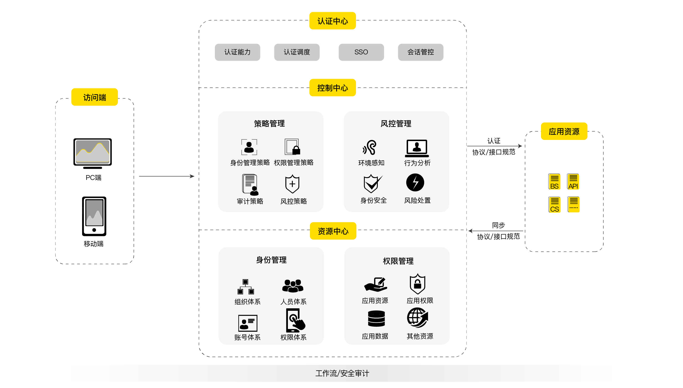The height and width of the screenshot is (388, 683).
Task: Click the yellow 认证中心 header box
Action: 332,21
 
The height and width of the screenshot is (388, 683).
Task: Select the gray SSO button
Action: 361,52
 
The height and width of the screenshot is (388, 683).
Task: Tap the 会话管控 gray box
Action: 420,52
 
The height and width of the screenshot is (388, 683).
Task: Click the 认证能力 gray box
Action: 237,52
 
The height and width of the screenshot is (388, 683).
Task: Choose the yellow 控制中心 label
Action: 332,88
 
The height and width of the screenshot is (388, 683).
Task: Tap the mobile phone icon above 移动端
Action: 94,216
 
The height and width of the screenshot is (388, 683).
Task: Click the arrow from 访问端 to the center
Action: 167,176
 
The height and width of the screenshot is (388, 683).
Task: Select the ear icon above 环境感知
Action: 370,147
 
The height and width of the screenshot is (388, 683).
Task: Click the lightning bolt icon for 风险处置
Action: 415,183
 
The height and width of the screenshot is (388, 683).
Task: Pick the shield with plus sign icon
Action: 292,184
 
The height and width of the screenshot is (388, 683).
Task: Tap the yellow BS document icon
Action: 554,182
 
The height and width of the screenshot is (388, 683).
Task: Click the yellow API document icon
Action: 573,182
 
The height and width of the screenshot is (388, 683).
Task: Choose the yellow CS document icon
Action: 554,205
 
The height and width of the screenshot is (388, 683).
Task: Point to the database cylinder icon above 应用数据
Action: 376,319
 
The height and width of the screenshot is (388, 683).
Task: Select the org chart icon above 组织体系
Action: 246,287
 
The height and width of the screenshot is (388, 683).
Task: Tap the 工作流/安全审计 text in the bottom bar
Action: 342,373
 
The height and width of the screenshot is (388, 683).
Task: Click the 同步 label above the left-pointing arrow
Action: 498,225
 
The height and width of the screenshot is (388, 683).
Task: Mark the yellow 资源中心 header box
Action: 333,231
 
